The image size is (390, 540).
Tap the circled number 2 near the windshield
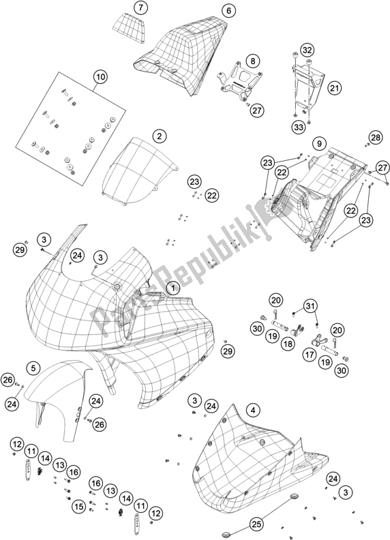pos(159,136)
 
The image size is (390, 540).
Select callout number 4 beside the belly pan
pos(253,410)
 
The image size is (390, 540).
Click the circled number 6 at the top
pos(228,11)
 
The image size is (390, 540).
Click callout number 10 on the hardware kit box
pos(100,78)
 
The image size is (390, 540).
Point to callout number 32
pos(307,50)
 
